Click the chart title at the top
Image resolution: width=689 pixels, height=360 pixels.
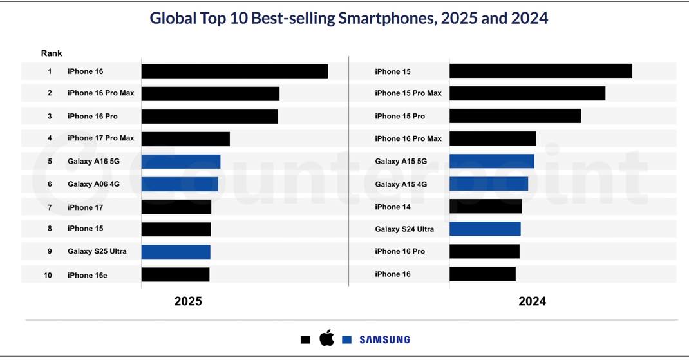tap(348, 18)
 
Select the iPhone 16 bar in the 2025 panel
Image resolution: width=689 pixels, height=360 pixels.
tap(234, 71)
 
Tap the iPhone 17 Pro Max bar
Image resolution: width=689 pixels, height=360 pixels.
tap(185, 138)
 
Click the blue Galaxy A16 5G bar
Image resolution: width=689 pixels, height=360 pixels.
tap(181, 162)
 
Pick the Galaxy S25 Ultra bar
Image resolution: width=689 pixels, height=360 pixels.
tap(176, 252)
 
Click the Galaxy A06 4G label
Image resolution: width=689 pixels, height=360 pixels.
tap(93, 184)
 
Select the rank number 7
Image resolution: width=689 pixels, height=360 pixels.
tap(50, 207)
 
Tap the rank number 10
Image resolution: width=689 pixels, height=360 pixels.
tap(48, 275)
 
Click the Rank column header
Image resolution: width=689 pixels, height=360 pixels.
tap(52, 53)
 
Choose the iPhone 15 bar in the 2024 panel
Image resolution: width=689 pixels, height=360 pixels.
tap(540, 71)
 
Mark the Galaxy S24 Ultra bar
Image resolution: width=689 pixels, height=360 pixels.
tap(485, 229)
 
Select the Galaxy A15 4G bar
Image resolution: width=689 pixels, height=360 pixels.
tap(489, 184)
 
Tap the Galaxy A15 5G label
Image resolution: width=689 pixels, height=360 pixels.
tap(401, 162)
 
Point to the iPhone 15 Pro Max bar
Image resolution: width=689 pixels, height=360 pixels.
tap(527, 93)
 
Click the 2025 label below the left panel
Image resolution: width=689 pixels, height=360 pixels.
tap(188, 301)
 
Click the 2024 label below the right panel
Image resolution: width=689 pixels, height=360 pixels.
tap(532, 301)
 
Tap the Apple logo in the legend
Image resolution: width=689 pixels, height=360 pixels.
tap(327, 338)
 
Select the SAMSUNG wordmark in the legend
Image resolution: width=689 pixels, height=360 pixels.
tap(384, 339)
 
